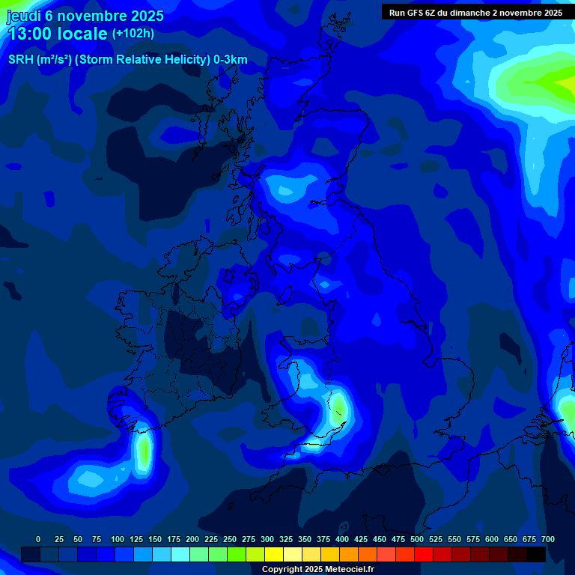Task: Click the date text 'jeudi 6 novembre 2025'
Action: click(x=85, y=16)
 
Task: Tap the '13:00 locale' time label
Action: click(x=58, y=34)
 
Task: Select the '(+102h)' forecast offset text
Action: click(x=133, y=34)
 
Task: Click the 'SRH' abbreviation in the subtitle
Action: click(x=20, y=60)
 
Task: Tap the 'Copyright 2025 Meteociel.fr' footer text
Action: click(x=317, y=569)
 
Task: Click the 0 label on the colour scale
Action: click(x=38, y=539)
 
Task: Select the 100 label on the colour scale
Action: click(x=118, y=539)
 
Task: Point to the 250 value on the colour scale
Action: click(x=230, y=539)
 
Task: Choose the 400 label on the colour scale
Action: click(x=342, y=539)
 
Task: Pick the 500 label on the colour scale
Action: click(x=417, y=539)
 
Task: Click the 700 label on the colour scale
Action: click(x=548, y=539)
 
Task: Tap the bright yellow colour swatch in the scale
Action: click(x=274, y=554)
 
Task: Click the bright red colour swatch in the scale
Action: click(x=424, y=554)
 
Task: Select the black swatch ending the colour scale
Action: click(x=536, y=554)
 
